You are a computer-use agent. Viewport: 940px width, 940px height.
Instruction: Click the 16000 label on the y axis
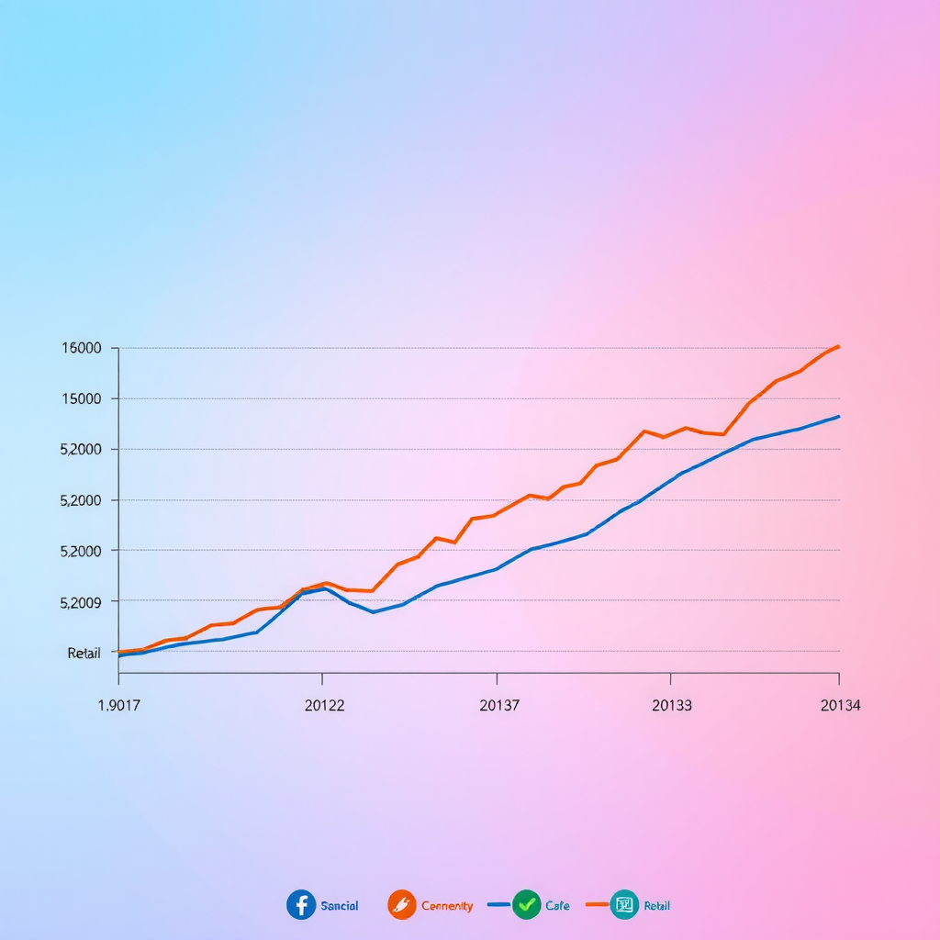coord(81,348)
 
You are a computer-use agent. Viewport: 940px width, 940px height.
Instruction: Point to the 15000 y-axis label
coord(81,398)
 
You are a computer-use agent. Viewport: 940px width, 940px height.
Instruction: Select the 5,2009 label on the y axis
coord(81,602)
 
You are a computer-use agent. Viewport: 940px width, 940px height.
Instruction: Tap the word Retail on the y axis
coord(84,653)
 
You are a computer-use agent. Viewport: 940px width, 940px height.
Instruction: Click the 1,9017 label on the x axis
coord(118,705)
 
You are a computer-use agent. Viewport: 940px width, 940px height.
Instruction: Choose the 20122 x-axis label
coord(324,705)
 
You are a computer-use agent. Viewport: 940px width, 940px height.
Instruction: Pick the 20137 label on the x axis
coord(499,705)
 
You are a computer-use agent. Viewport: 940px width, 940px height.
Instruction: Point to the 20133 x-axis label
coord(672,705)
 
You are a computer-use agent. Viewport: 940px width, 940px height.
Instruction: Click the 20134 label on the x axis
coord(840,705)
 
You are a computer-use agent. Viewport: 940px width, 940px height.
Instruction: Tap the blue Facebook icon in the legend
coord(301,905)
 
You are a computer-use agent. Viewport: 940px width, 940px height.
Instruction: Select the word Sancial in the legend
coord(340,906)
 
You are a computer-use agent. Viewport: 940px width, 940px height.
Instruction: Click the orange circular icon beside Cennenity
coord(402,905)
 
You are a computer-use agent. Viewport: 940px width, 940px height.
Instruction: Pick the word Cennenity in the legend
coord(447,906)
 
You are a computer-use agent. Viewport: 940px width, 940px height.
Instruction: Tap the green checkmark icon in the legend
coord(526,905)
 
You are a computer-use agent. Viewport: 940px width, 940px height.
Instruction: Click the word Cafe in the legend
coord(557,906)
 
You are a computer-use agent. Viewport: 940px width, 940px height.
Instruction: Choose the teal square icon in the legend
coord(624,905)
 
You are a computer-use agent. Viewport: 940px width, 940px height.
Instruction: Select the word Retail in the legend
coord(656,906)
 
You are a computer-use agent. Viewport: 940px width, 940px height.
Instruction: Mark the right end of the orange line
coord(838,346)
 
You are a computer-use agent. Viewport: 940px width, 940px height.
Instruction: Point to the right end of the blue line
coord(838,417)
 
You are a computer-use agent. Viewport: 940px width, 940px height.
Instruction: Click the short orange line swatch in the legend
coord(596,905)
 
